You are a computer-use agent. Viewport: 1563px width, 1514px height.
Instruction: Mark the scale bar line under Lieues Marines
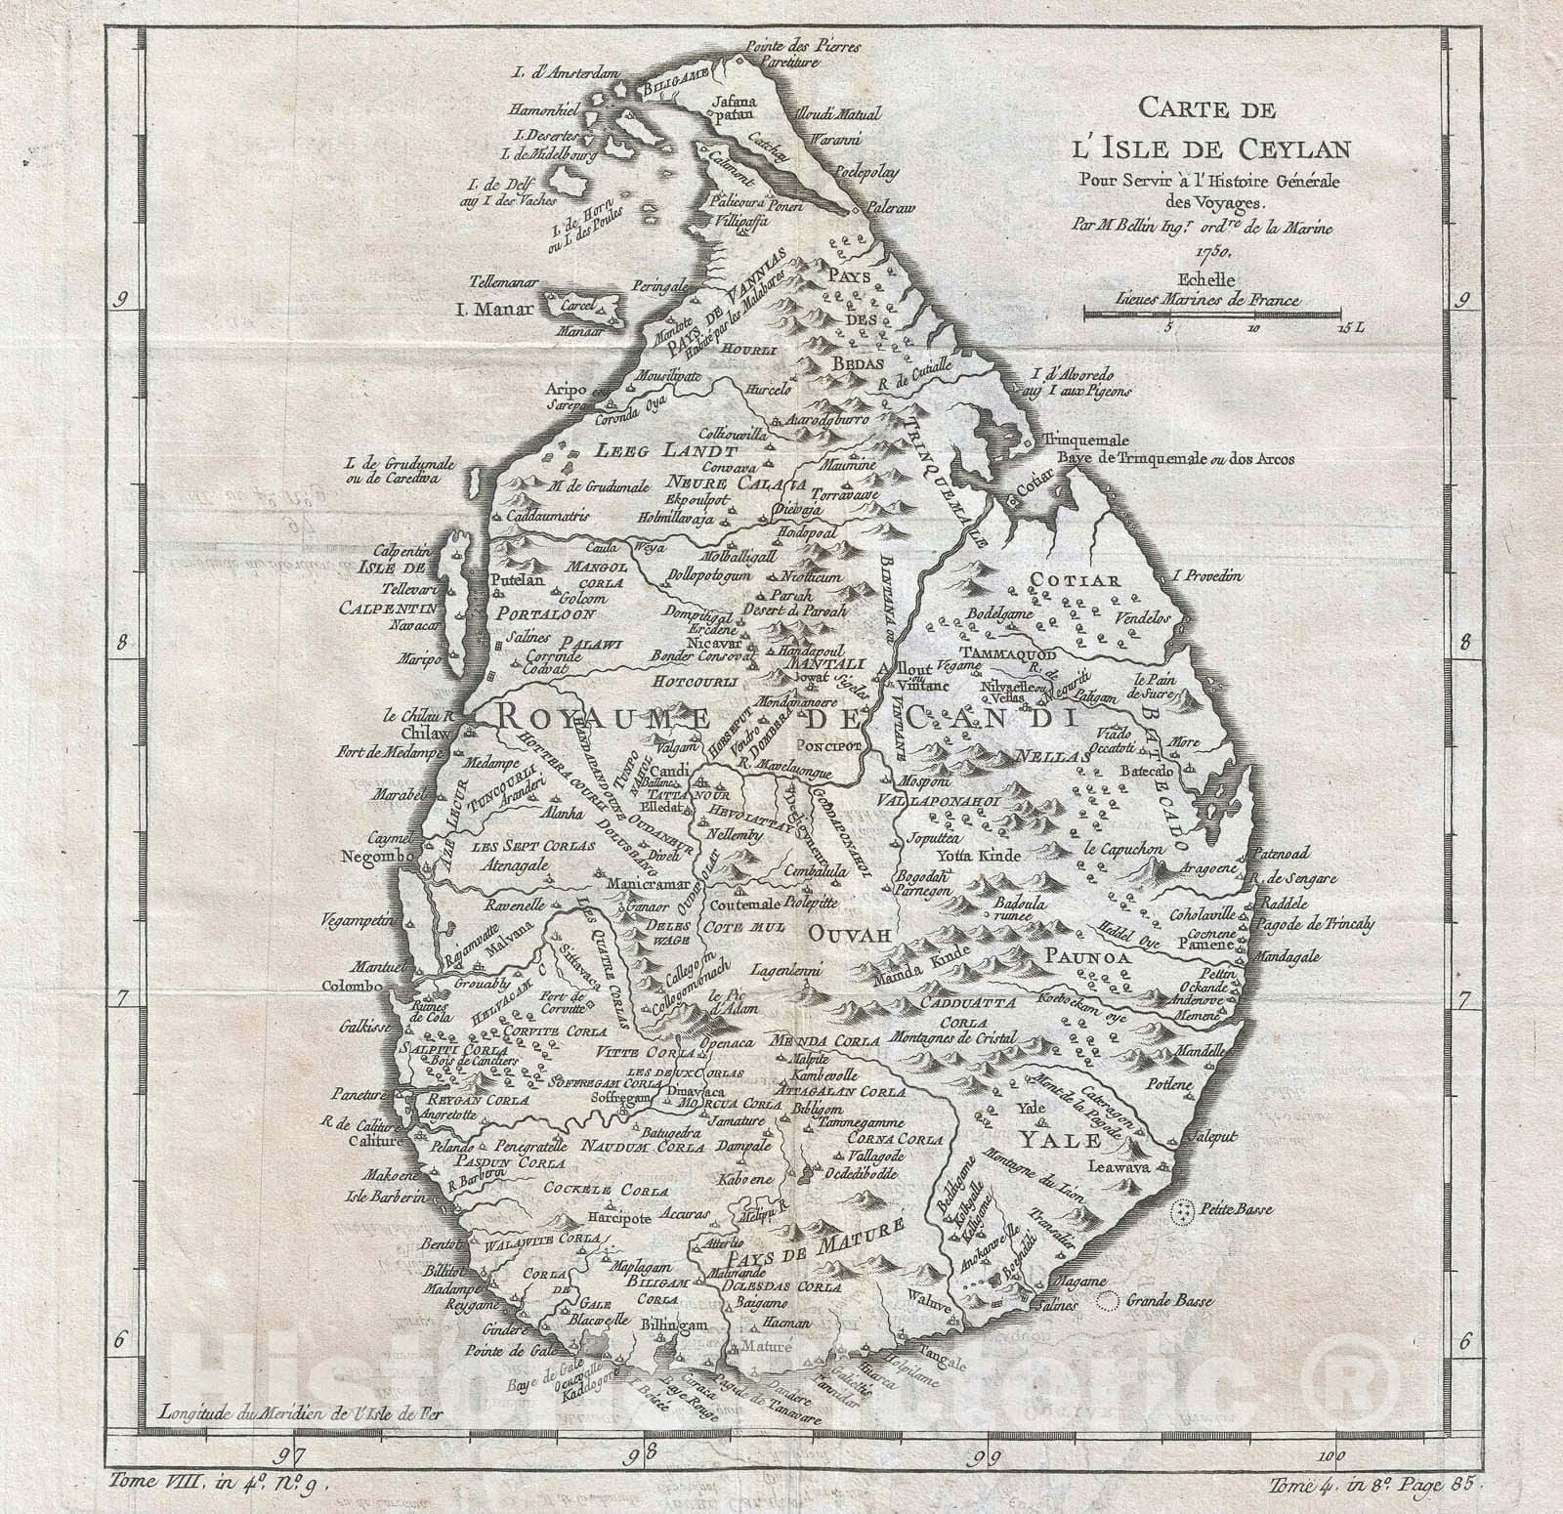point(1211,313)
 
